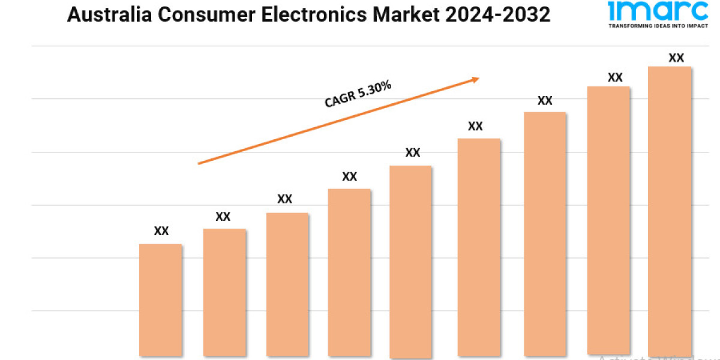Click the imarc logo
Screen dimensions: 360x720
coord(658,11)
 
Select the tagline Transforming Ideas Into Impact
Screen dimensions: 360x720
coord(658,26)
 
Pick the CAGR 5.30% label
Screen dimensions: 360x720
coord(358,95)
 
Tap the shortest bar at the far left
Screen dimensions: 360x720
coord(161,300)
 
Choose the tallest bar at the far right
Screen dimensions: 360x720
coord(670,210)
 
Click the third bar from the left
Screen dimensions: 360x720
coord(287,284)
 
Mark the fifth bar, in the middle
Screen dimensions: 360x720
coord(410,261)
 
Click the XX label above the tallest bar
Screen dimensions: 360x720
coord(676,58)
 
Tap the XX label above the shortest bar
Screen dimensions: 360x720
coord(161,231)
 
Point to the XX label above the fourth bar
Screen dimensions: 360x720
coord(349,176)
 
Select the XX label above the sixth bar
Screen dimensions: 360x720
coord(475,126)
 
